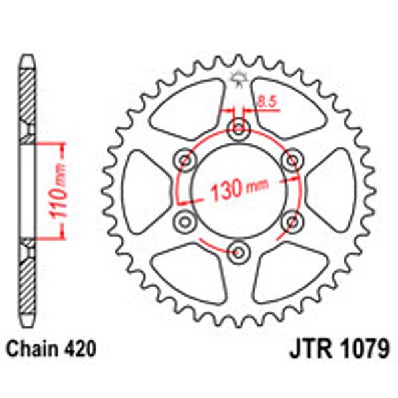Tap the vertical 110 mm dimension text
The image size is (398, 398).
tap(59, 190)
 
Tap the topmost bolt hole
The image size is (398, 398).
tap(237, 129)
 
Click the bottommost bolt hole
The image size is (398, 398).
tap(237, 250)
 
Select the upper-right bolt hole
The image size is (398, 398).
tap(290, 160)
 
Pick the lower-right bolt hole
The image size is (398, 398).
tap(290, 220)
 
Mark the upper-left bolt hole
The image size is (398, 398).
tap(185, 160)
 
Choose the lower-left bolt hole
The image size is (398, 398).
tap(185, 220)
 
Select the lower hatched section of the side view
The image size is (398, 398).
tap(25, 279)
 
